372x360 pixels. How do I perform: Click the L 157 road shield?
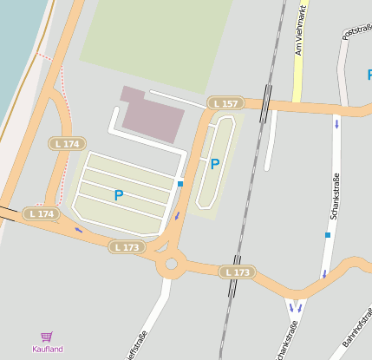click(x=225, y=104)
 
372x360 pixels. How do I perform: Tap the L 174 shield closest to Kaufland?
click(x=41, y=213)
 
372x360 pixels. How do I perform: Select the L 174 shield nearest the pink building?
click(x=67, y=144)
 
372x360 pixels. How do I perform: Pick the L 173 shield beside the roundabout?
click(x=127, y=247)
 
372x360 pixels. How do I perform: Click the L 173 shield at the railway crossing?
click(x=237, y=272)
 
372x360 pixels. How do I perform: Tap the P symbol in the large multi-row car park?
click(x=119, y=196)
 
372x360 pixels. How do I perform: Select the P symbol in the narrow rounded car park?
click(x=215, y=163)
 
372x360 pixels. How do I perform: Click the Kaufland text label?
click(x=48, y=350)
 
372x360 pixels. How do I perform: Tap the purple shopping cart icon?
click(x=47, y=337)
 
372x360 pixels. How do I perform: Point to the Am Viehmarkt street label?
click(x=300, y=30)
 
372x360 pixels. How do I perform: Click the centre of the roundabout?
click(x=171, y=264)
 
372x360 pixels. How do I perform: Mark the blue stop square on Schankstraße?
click(x=328, y=234)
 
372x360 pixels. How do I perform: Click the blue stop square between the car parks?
click(x=180, y=184)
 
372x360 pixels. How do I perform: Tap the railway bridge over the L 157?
click(x=267, y=102)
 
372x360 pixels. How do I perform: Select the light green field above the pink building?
click(x=156, y=39)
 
